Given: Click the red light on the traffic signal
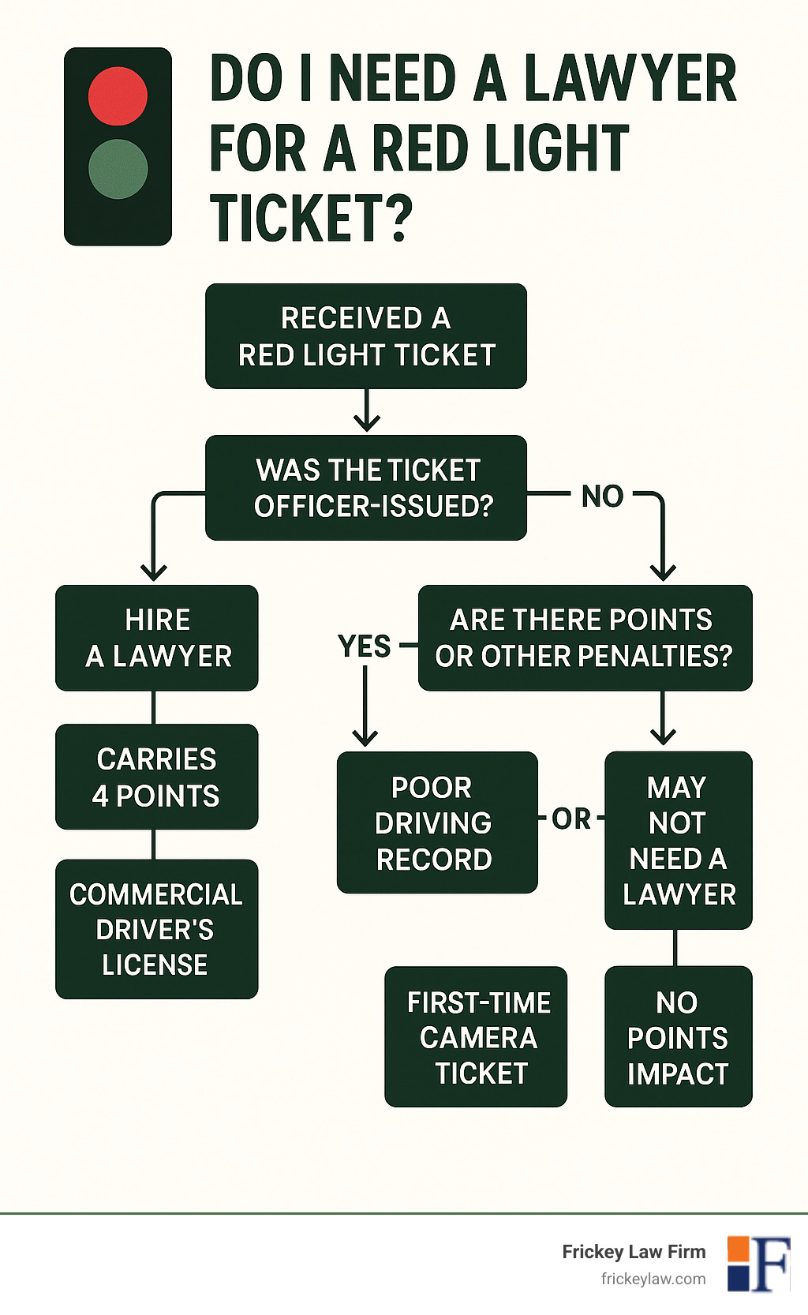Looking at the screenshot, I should point(118,96).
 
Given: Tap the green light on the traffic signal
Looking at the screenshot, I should point(118,169).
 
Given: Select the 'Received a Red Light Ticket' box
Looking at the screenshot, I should point(366,336).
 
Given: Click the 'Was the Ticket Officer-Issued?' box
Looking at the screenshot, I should point(366,488).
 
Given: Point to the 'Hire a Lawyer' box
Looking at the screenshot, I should point(157,638).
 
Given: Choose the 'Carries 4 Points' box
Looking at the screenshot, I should point(157,777).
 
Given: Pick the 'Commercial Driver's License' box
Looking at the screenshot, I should point(157,929).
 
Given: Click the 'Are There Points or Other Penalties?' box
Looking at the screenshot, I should point(585,638).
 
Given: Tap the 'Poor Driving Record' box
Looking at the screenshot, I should point(437,822).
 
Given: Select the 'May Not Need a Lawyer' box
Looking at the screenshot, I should point(679,840).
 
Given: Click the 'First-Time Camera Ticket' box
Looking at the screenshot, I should point(476,1036).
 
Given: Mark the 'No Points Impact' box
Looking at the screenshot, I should point(679,1036).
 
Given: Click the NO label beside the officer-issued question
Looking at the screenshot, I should point(603,496).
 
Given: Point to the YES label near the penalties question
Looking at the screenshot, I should point(365,646).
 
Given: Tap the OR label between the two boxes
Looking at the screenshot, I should point(571,819).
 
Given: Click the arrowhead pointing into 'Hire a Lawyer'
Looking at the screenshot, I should point(154,571).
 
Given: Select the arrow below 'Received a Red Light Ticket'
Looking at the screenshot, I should point(367,411).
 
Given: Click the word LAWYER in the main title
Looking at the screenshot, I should point(630,80).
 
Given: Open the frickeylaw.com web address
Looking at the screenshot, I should point(653,1279).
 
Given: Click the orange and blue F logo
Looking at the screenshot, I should point(758,1263).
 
